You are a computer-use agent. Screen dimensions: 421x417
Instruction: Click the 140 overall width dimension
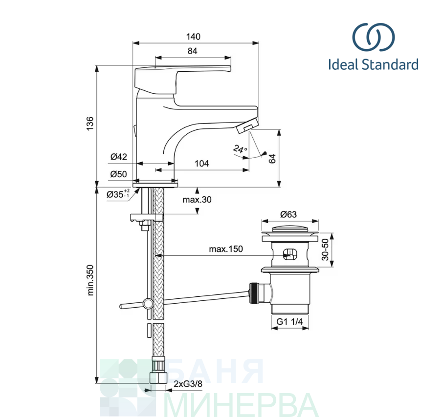[x=193, y=37]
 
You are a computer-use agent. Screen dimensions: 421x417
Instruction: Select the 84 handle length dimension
[x=193, y=51]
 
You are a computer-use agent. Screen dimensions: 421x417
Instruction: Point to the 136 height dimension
[x=90, y=124]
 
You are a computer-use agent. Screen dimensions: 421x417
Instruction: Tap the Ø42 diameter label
[x=119, y=157]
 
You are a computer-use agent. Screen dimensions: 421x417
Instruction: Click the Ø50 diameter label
[x=118, y=174]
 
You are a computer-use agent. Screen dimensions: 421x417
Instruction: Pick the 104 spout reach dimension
[x=201, y=163]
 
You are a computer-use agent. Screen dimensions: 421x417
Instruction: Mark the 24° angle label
[x=240, y=149]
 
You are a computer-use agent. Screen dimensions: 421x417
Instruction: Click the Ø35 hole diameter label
[x=118, y=194]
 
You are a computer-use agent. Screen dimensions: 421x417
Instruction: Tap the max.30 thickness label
[x=197, y=200]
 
